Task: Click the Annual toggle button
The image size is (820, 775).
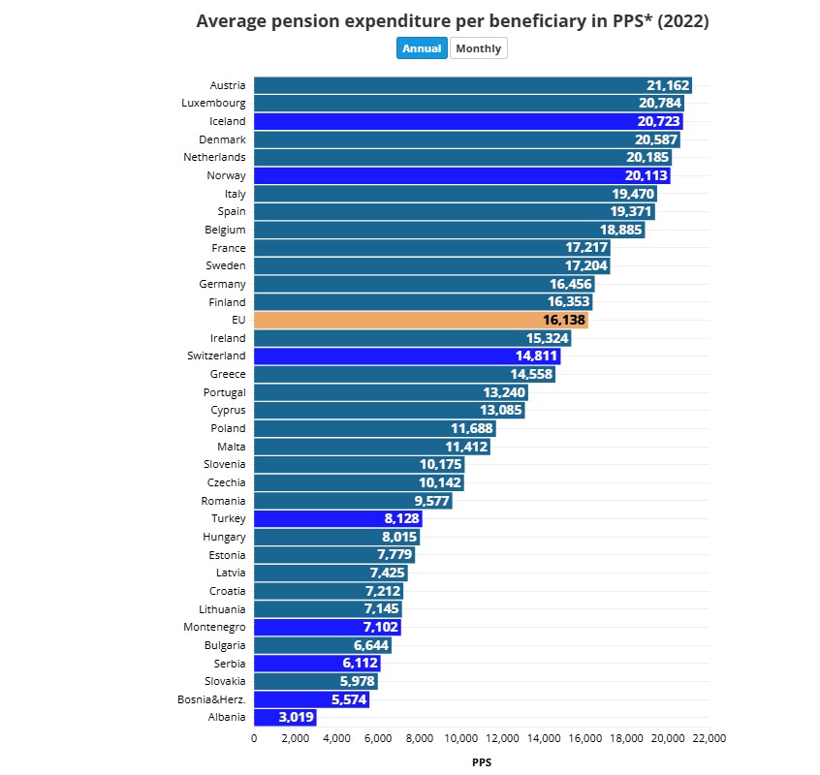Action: click(422, 48)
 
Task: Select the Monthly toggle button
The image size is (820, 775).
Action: click(478, 48)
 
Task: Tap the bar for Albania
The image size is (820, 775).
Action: click(284, 718)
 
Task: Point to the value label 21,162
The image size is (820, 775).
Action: click(668, 85)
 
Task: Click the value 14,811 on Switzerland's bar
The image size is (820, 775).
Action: click(536, 356)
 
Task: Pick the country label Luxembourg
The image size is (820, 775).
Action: click(213, 103)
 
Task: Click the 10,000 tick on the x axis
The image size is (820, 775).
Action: click(460, 738)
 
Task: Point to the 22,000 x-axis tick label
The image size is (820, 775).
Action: click(710, 738)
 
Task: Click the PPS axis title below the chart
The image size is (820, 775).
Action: click(482, 762)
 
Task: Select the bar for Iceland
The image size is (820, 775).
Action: click(468, 121)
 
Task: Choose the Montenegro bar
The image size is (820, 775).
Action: click(327, 628)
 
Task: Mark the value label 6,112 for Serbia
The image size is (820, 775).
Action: click(359, 664)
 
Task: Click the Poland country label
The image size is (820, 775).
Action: click(228, 428)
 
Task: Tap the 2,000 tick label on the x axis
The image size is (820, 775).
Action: click(295, 738)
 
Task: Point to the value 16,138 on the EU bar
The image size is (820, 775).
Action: click(564, 320)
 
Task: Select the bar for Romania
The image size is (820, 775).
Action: click(353, 501)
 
